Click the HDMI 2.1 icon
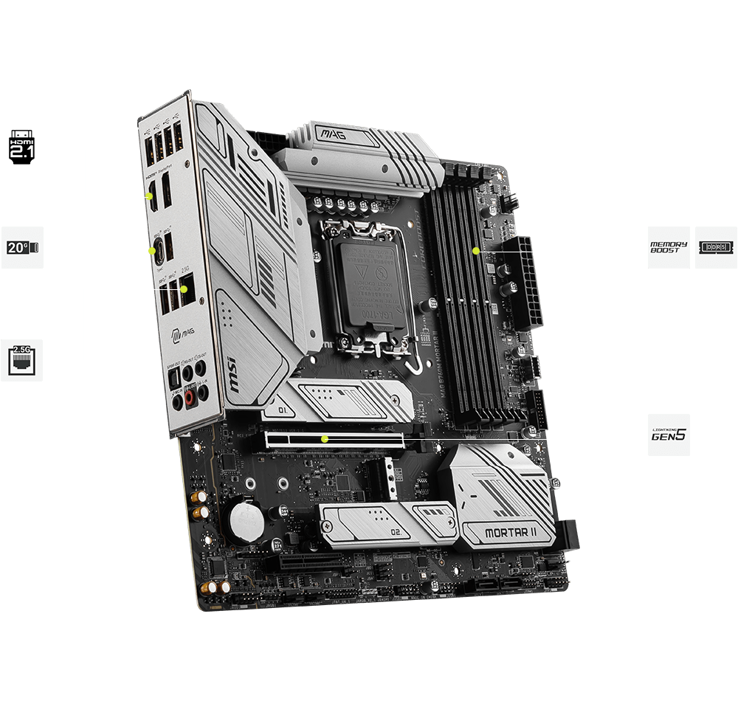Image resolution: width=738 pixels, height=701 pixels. [x=21, y=146]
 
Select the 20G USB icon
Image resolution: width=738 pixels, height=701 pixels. [x=21, y=247]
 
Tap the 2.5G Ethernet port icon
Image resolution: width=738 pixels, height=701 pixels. [x=21, y=360]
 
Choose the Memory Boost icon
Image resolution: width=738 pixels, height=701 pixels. [x=669, y=247]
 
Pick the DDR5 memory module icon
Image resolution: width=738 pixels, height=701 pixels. [x=716, y=247]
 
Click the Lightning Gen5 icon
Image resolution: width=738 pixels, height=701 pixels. [x=669, y=435]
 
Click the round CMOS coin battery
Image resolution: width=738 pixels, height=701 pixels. [x=245, y=522]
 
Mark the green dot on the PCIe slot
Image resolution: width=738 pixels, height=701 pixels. [x=324, y=439]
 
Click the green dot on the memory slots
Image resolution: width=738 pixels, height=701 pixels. [x=476, y=251]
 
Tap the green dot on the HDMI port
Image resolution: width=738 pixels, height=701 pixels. [x=151, y=197]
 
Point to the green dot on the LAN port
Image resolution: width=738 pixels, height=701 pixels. [x=201, y=300]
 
